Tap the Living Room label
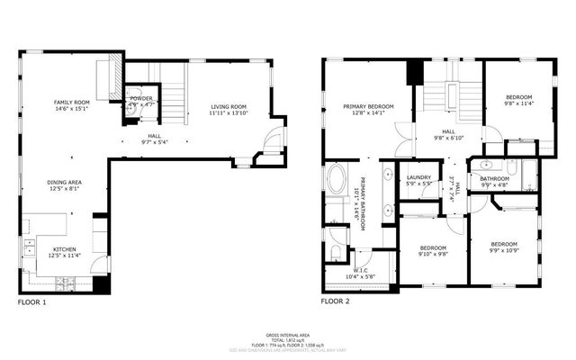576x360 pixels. pos(229,106)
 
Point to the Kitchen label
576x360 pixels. pos(63,249)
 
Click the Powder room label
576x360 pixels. pos(142,99)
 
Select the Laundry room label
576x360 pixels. pos(419,177)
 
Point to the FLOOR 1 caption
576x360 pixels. pos(31,302)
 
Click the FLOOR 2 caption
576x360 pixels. pos(336,301)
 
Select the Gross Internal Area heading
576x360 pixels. pos(287,333)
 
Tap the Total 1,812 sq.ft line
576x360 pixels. pos(287,338)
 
